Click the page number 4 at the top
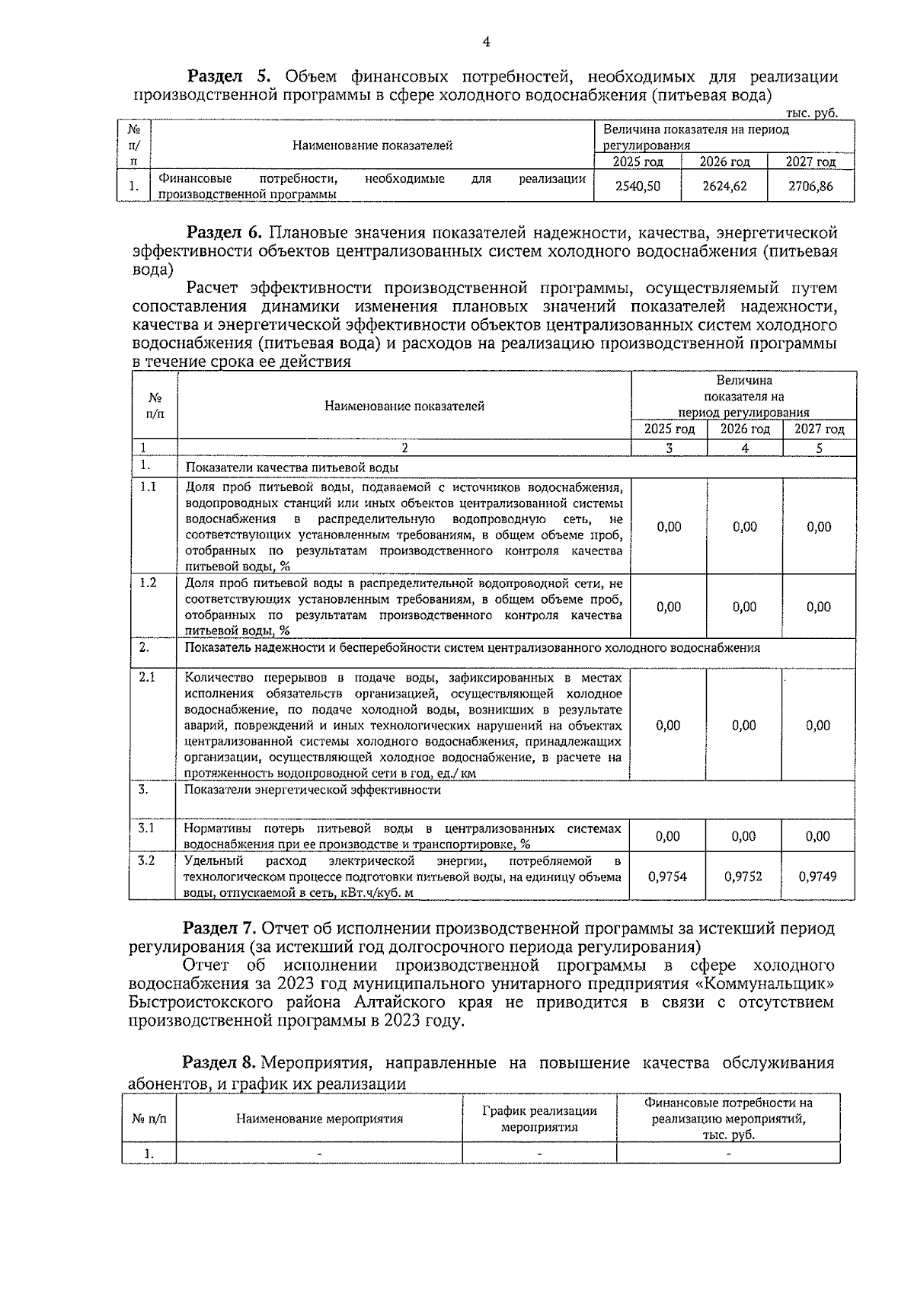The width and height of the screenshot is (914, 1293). point(486,43)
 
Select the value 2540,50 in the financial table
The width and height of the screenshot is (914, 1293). point(638,186)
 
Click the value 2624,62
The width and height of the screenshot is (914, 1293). point(724,186)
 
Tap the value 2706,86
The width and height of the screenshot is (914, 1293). point(810,186)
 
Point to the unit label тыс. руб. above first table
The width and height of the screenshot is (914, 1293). point(812,113)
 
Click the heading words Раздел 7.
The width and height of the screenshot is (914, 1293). point(220,928)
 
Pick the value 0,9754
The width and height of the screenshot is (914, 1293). point(667,876)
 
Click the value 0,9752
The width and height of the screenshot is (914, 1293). point(743,876)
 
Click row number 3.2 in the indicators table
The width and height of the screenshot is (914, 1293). point(146,860)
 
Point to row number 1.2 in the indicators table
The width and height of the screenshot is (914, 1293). point(148,583)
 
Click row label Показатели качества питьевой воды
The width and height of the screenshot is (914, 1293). point(292,468)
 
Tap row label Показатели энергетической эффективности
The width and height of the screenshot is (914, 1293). point(313,790)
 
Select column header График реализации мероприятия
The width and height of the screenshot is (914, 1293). point(539,1119)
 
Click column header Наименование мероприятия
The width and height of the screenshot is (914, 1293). point(319,1119)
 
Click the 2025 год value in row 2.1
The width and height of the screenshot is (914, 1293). point(668,726)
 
